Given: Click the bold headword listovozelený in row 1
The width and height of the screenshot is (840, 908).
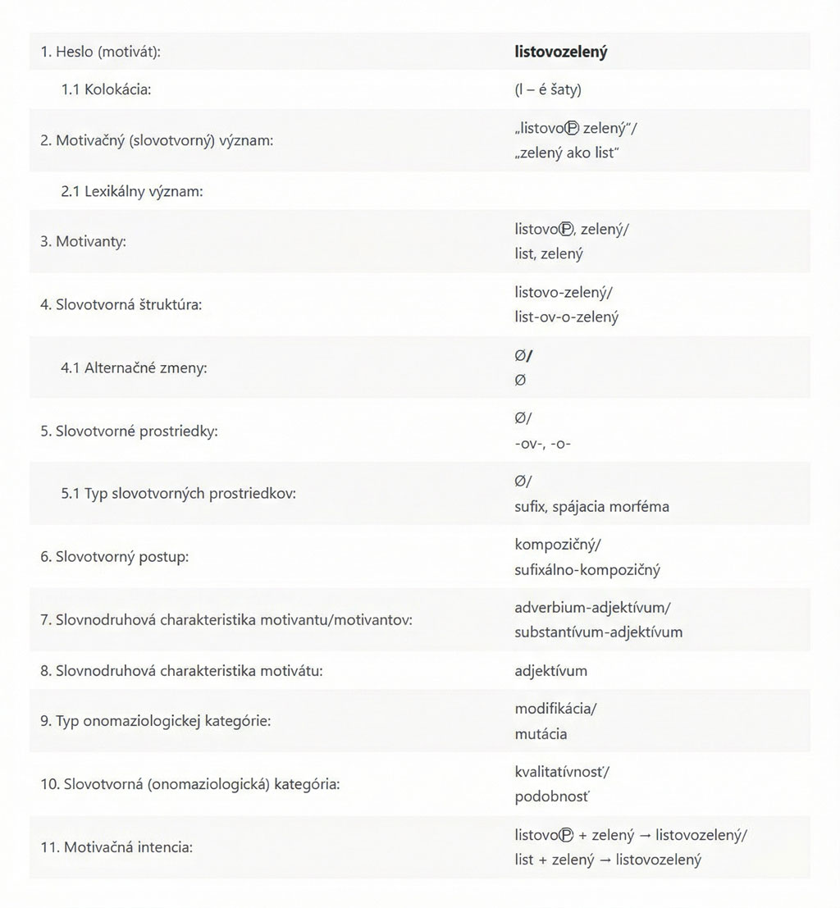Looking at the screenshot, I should (560, 52).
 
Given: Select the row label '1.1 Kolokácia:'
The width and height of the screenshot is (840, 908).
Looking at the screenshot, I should (106, 90).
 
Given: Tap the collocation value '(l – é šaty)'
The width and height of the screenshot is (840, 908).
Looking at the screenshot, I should (548, 90).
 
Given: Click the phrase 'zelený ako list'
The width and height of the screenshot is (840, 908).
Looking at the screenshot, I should (566, 153).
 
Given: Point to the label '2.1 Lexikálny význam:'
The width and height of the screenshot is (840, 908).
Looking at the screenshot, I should (131, 191).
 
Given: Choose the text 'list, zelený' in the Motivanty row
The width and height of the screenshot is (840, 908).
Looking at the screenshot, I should (549, 253).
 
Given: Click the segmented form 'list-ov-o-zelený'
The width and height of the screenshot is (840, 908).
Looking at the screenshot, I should (567, 317).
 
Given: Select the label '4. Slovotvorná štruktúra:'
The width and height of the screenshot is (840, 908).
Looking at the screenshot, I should (121, 304).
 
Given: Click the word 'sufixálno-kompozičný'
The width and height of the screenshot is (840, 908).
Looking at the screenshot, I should (587, 569).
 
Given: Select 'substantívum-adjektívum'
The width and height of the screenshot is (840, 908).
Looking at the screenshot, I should (598, 632).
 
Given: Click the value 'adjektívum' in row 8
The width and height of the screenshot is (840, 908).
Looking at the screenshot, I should (550, 671).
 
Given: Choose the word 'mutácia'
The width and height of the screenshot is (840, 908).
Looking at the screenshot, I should (541, 733).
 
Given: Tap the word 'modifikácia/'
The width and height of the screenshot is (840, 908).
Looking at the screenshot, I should (555, 709).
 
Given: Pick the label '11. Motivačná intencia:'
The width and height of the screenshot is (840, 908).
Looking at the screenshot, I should (116, 847).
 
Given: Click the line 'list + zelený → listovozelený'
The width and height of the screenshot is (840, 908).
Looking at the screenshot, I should (608, 860).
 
